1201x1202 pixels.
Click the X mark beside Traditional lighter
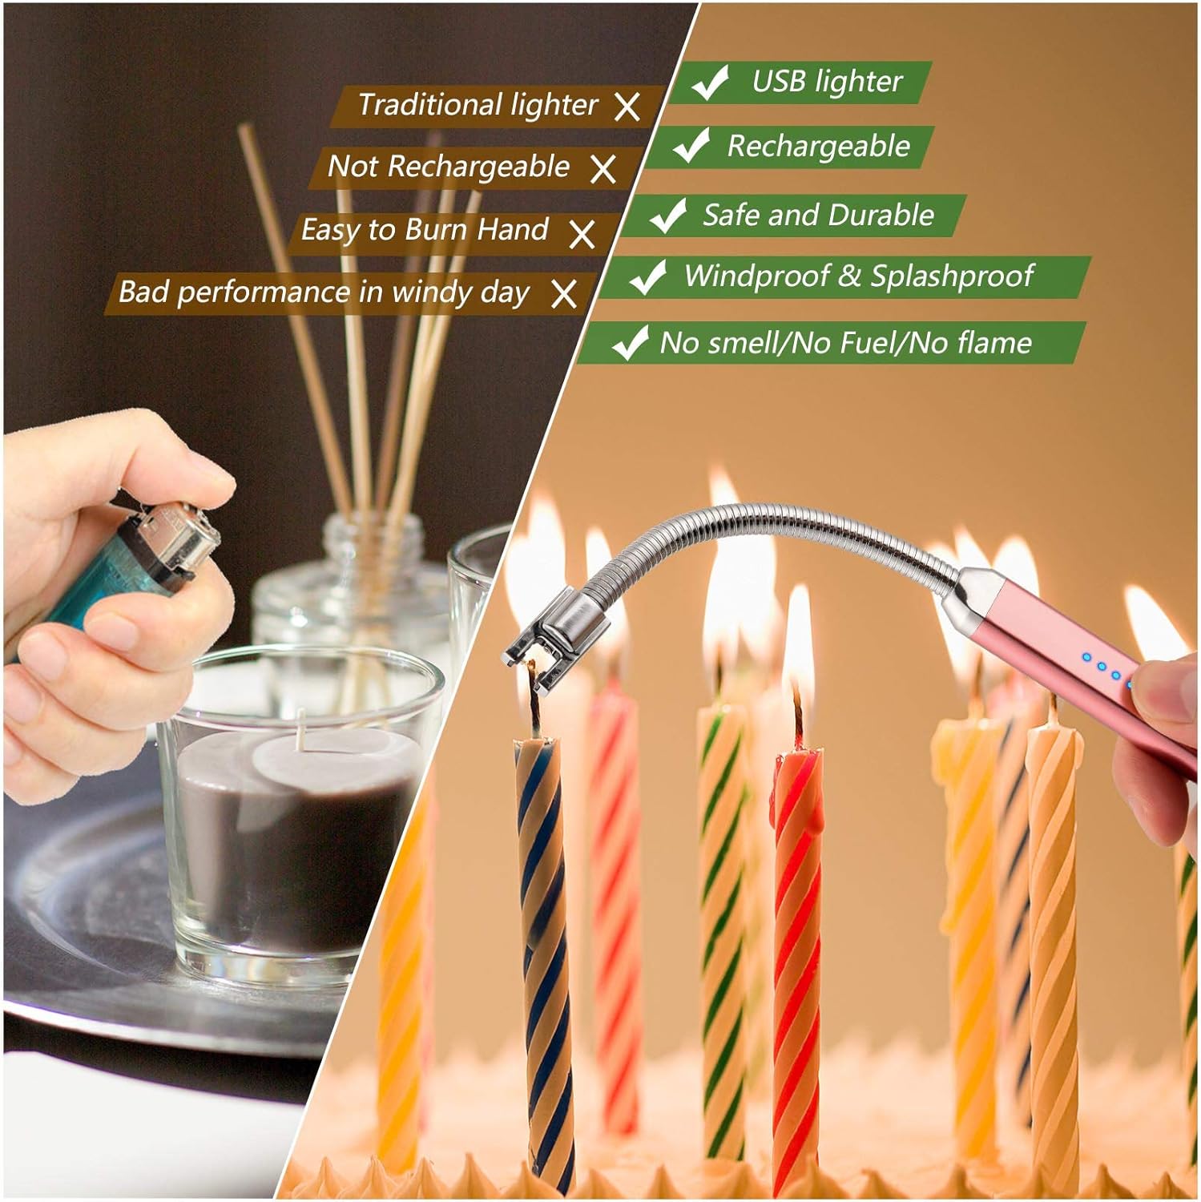(x=627, y=106)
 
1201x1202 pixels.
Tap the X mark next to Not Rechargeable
(x=603, y=168)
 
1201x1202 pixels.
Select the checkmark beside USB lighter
(x=709, y=82)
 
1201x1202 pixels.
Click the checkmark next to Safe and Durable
(x=667, y=215)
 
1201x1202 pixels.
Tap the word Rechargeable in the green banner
(x=818, y=147)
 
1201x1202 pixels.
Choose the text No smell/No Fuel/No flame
(x=845, y=343)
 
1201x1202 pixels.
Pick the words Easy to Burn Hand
(x=424, y=230)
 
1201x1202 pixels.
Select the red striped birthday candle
(x=797, y=922)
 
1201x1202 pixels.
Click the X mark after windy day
(x=564, y=294)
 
